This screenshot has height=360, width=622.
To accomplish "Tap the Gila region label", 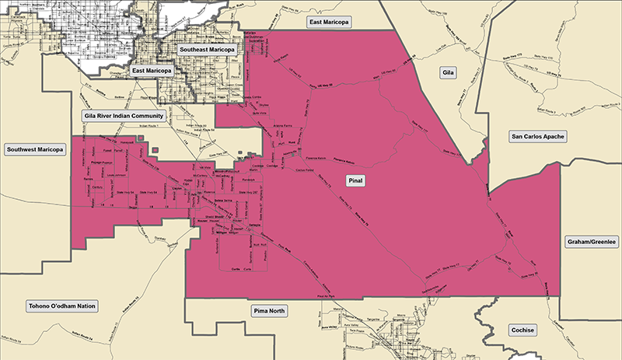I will click(x=447, y=72).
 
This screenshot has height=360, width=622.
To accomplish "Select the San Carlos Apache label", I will click(x=537, y=137).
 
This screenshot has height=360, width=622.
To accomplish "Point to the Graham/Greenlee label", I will click(x=591, y=242).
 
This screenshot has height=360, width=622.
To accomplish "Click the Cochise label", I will click(x=522, y=330).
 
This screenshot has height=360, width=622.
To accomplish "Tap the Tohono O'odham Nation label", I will click(x=61, y=306).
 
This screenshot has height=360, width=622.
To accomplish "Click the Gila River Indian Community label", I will click(x=123, y=115).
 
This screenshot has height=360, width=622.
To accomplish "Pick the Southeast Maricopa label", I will click(x=206, y=50).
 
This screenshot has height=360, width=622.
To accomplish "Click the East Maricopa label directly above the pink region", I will click(x=329, y=23).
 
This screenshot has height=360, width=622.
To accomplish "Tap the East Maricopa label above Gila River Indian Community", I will click(x=151, y=71).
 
